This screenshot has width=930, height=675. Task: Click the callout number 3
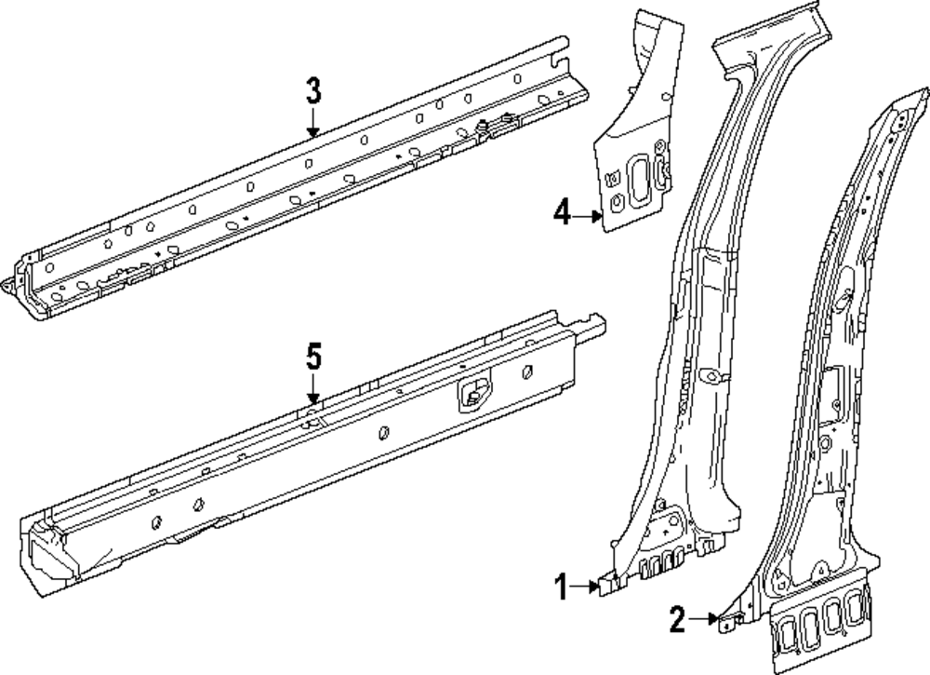coord(313,91)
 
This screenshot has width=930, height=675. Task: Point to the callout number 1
coord(561,587)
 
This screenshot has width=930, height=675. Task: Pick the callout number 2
coord(677,617)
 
